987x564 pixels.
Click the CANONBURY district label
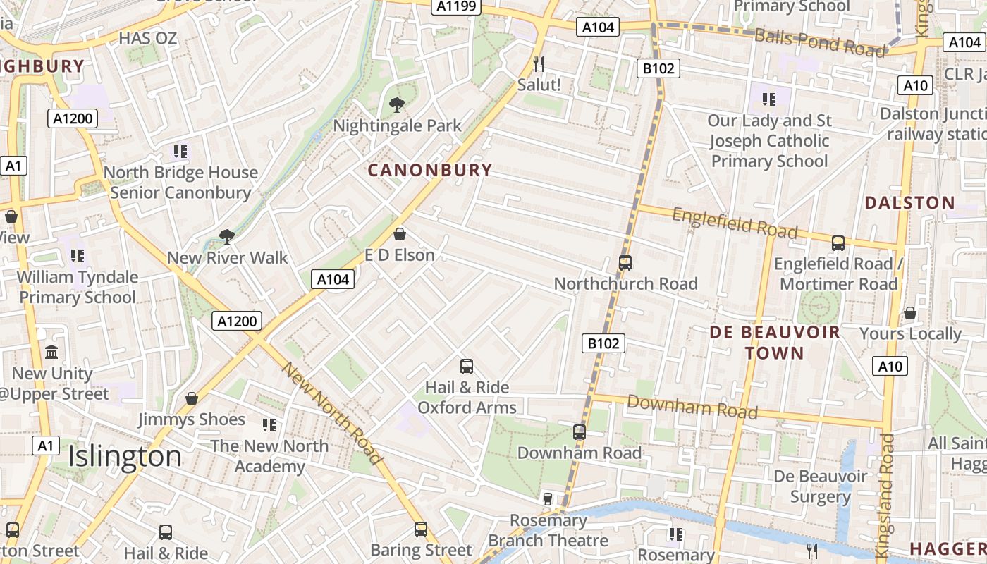pyautogui.click(x=429, y=170)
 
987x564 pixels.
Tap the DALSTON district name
pyautogui.click(x=909, y=203)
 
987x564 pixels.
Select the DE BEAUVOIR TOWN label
pyautogui.click(x=775, y=343)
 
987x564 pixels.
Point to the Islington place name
pyautogui.click(x=125, y=457)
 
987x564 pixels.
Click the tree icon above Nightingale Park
pyautogui.click(x=397, y=106)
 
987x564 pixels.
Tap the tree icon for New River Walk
pyautogui.click(x=226, y=237)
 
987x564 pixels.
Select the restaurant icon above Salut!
pyautogui.click(x=539, y=64)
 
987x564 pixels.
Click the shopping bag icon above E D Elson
pyautogui.click(x=400, y=234)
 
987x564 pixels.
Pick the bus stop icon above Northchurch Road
pyautogui.click(x=625, y=263)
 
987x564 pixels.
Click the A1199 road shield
pyautogui.click(x=456, y=6)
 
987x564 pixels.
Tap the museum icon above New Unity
pyautogui.click(x=51, y=352)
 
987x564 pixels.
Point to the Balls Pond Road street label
pyautogui.click(x=819, y=42)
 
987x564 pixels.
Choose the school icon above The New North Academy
pyautogui.click(x=269, y=425)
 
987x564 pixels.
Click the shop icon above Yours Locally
pyautogui.click(x=910, y=313)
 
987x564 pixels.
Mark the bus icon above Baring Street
pyautogui.click(x=421, y=529)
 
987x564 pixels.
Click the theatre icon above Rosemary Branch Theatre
pyautogui.click(x=547, y=499)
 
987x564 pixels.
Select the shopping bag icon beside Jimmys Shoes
pyautogui.click(x=191, y=399)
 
